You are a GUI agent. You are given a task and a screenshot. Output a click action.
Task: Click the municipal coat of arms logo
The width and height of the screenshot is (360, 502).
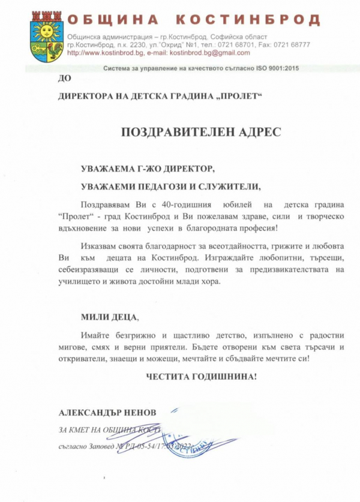(46, 35)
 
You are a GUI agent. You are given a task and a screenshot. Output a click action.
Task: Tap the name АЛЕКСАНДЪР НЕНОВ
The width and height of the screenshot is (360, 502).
(107, 413)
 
